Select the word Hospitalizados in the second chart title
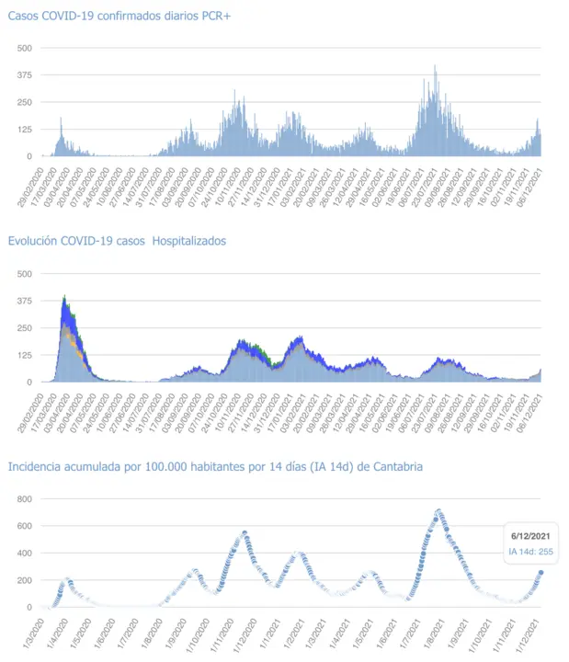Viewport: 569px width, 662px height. click(x=186, y=241)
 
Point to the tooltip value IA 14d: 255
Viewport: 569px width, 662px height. click(x=529, y=552)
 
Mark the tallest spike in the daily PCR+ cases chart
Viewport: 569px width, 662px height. click(x=435, y=66)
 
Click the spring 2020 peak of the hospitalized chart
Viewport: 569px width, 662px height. click(x=64, y=297)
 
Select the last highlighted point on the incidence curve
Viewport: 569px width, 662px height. click(x=541, y=572)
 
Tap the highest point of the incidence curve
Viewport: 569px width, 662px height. click(x=438, y=510)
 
